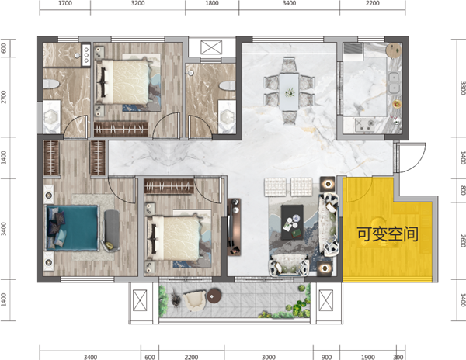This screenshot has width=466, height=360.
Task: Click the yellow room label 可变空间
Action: coord(388,234)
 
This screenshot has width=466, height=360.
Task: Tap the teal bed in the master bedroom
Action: coord(71,227)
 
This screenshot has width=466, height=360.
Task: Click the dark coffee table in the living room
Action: coord(293,223)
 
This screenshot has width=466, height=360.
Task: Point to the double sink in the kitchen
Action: coord(394,82)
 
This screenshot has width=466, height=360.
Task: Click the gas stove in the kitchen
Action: coord(365,125)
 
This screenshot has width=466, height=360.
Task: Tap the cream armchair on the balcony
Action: coord(195,300)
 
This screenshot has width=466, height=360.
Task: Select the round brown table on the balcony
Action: coord(214,296)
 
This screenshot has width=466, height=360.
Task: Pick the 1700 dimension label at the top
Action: coord(64,3)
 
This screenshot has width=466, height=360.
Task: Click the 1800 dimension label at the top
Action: coord(212,3)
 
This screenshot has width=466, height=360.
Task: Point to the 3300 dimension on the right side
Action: coord(462,88)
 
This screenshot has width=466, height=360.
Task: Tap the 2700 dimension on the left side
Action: coord(3,97)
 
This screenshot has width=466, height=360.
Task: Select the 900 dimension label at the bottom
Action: coord(326,357)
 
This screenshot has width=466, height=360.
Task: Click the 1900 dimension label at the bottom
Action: coord(367,357)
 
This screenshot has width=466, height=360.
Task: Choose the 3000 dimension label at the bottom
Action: coord(269,357)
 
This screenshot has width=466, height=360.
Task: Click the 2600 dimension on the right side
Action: coord(462,241)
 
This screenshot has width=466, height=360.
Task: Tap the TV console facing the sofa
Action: coord(234,227)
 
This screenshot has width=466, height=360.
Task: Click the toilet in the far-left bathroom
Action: coord(50,84)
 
